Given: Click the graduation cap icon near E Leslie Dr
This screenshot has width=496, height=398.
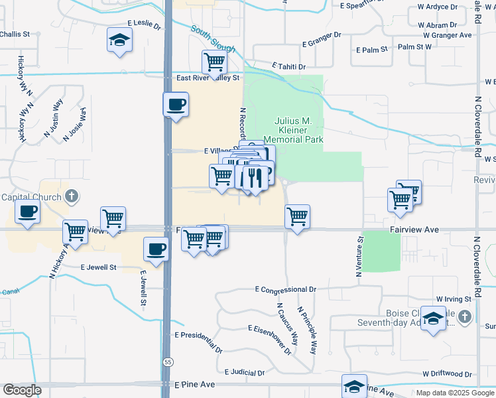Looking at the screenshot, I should point(119,41).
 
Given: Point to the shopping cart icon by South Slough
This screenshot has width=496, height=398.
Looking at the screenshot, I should point(215,63).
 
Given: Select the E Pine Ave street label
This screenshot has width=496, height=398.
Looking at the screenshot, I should point(195,385).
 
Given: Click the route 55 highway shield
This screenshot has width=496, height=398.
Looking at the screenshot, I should point(168,361).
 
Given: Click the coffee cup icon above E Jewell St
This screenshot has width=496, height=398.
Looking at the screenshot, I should point(156,249).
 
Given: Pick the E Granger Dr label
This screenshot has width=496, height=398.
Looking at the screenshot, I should point(322,39).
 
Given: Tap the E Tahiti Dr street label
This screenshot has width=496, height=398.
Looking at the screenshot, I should point(288,67).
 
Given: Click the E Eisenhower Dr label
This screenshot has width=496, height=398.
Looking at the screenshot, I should point(270,338).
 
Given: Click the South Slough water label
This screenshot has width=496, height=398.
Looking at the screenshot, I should point(214,39).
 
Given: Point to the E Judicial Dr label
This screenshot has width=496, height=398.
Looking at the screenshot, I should point(245,373).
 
